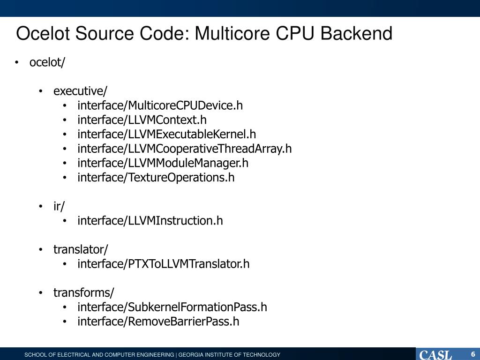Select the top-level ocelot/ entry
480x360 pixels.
coord(47,62)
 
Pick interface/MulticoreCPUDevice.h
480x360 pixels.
coord(160,105)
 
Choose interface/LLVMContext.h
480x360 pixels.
coord(142,120)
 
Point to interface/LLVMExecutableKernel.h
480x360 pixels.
coord(167,135)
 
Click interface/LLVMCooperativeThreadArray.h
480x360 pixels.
coord(185,149)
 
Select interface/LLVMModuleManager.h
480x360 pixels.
coord(163,163)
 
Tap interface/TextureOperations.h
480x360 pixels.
coord(156,178)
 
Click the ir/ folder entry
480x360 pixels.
coord(59,206)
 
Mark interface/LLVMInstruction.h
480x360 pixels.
coord(150,221)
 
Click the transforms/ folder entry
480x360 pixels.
coord(83,293)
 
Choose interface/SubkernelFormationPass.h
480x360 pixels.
coord(172,307)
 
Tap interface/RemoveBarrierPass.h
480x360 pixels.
coord(158,322)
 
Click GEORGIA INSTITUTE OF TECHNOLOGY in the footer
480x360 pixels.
coord(229,355)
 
